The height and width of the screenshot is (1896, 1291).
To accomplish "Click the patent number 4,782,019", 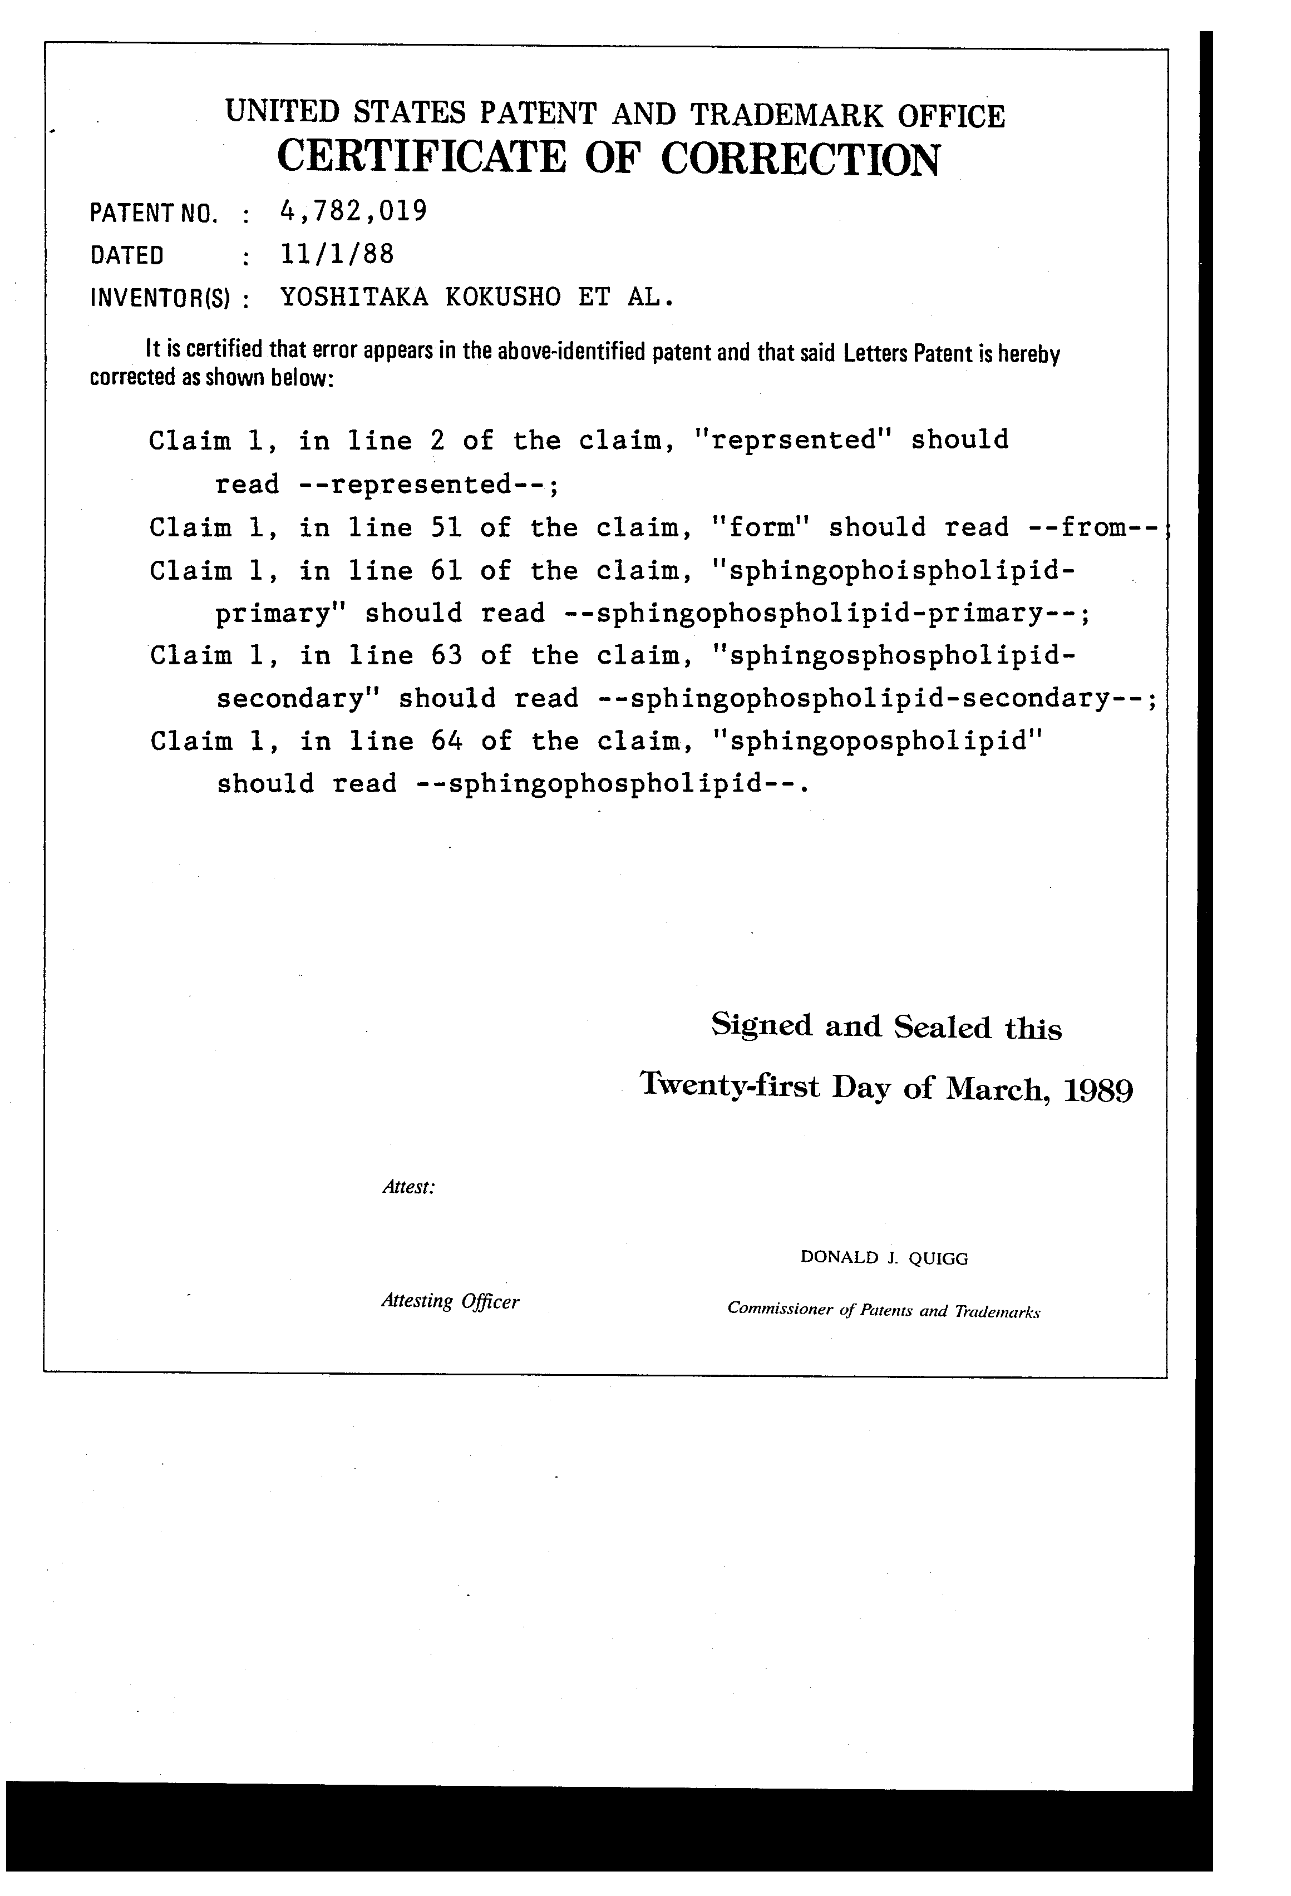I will [x=353, y=211].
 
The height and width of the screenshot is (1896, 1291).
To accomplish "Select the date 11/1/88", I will [x=336, y=255].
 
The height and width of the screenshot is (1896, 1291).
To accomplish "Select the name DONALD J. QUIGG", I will [x=884, y=1258].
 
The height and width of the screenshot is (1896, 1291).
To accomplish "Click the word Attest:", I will [x=408, y=1188].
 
